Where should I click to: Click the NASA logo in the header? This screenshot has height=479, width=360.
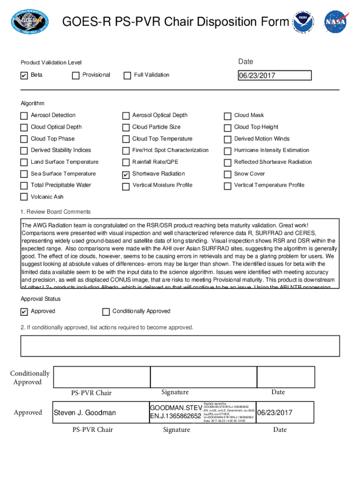point(337,22)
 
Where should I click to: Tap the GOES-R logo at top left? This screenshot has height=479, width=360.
point(29,22)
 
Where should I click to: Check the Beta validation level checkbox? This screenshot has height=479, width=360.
point(24,76)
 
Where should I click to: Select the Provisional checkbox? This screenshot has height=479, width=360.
point(76,76)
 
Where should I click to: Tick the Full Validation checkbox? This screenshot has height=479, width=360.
point(127,76)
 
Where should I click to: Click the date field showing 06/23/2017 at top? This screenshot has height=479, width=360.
point(274,76)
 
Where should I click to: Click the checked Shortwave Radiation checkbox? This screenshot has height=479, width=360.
point(126,174)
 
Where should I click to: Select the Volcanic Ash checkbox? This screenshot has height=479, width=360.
point(24,197)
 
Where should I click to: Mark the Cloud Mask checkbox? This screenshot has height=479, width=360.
point(228,116)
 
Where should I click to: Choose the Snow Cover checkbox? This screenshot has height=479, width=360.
point(228,174)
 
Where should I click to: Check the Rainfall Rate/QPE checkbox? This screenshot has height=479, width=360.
point(126,163)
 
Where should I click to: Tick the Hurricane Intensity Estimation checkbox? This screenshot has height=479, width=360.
point(228,151)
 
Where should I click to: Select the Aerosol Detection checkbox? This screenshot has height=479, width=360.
point(24,116)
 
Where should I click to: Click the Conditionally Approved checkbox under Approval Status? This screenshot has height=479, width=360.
point(106,312)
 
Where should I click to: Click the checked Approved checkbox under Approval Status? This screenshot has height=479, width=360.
point(24,312)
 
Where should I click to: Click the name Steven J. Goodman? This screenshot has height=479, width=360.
point(85,413)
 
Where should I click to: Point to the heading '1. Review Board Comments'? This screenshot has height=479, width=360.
point(56,212)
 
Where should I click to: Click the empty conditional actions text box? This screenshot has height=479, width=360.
point(180,346)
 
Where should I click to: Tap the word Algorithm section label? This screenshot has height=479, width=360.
point(32,103)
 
